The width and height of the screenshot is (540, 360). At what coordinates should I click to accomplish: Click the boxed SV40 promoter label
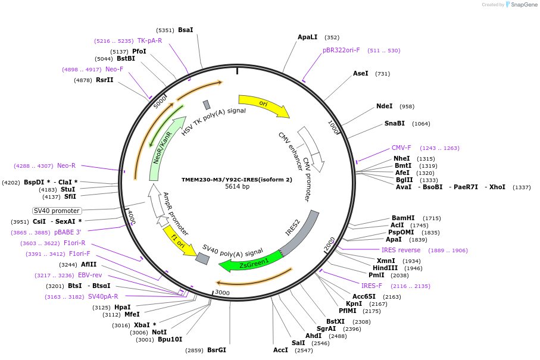point(57,211)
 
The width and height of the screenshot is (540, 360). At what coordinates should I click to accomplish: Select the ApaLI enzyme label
point(307,37)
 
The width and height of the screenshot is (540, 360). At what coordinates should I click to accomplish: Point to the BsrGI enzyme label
point(217,350)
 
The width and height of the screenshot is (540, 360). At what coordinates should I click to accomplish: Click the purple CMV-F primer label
point(401,148)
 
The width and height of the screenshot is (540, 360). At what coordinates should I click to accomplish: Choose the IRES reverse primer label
point(401,250)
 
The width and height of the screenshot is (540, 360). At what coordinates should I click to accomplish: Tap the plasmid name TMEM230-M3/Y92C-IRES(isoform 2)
point(237,179)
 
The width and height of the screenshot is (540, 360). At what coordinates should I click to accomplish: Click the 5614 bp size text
point(237,187)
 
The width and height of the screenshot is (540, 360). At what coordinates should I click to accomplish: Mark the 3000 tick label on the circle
point(222,292)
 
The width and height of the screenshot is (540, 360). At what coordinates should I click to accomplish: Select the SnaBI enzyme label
point(394,123)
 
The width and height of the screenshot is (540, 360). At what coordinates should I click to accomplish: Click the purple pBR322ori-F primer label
point(341,50)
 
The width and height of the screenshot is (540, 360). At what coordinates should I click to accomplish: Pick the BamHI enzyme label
point(403,218)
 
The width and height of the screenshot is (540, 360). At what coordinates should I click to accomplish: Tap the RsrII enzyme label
point(104,80)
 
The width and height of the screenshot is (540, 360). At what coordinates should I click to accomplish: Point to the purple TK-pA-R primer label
point(149,40)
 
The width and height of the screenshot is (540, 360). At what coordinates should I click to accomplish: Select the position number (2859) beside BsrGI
point(194,350)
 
